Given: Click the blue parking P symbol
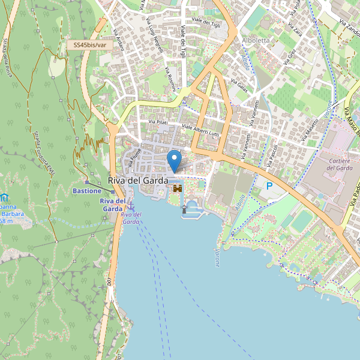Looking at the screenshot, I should (269, 187).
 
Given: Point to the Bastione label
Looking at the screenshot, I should (87, 191).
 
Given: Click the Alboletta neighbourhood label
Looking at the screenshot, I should (256, 40).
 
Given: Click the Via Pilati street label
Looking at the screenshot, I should (158, 123).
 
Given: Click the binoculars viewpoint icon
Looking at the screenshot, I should (178, 188).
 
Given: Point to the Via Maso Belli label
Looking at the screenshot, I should (352, 120).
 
